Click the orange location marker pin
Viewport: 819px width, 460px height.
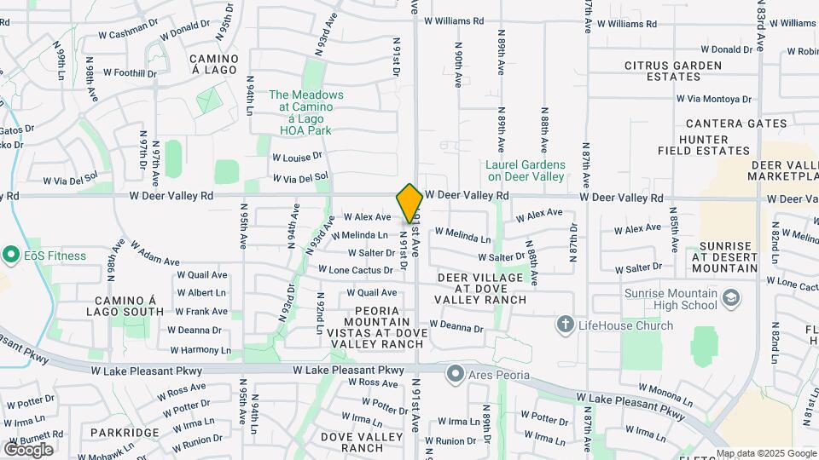click(x=409, y=203)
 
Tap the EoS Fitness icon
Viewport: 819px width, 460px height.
click(x=11, y=255)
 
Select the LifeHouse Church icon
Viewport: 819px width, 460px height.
click(x=565, y=325)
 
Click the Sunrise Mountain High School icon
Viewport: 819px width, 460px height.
click(x=730, y=297)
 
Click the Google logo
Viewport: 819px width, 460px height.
click(x=28, y=449)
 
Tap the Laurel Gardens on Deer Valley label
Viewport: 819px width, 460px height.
click(x=525, y=170)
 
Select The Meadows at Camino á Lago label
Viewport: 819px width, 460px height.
click(x=306, y=112)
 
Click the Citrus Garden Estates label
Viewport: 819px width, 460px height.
click(x=673, y=71)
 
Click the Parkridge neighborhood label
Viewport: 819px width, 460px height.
click(x=124, y=433)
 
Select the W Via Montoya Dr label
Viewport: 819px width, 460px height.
click(x=714, y=99)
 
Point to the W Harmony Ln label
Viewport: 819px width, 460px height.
click(x=200, y=350)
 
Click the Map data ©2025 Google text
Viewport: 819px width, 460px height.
click(x=765, y=453)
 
